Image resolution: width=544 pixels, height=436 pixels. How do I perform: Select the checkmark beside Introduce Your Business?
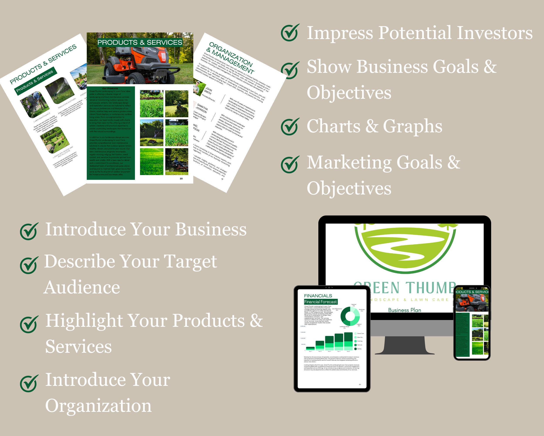pos(29,231)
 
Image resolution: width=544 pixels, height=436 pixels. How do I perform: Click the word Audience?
pos(82,287)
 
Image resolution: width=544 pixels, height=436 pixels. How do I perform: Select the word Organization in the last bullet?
pos(98,405)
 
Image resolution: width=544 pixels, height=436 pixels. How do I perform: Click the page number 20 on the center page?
pos(181,179)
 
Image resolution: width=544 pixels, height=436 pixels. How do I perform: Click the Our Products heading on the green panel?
pos(110,89)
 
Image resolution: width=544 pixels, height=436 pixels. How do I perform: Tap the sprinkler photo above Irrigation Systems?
pos(60,90)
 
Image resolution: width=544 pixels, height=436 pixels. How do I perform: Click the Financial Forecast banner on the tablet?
pos(321,301)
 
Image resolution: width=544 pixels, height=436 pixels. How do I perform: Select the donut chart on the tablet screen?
pos(350,316)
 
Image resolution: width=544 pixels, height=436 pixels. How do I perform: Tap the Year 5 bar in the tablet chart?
pos(348,341)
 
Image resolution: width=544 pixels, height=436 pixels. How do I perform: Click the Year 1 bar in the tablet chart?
pos(310,348)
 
